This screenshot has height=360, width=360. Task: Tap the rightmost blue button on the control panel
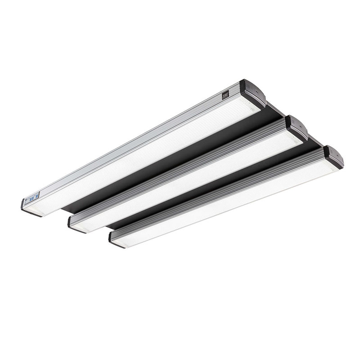36,196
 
